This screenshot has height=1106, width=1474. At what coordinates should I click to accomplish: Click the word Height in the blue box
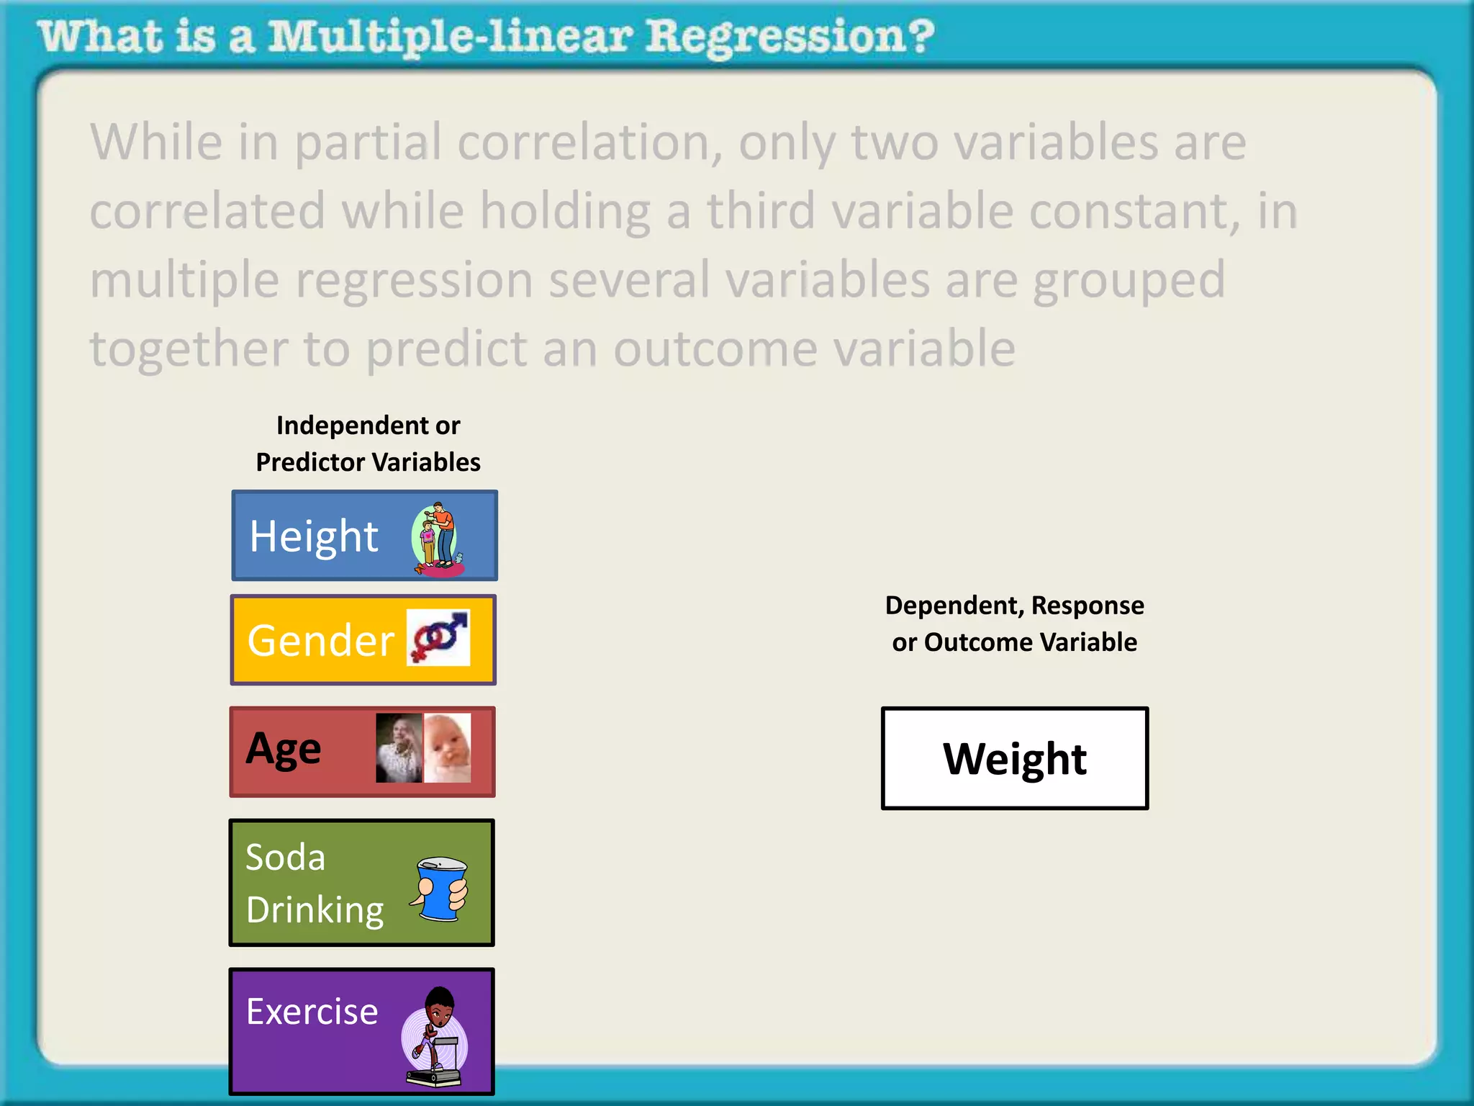tap(314, 536)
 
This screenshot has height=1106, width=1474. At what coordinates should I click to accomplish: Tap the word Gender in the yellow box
tap(320, 640)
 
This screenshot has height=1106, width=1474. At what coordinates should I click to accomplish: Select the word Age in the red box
tap(284, 749)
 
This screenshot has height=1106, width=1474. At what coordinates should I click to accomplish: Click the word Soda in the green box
tap(286, 858)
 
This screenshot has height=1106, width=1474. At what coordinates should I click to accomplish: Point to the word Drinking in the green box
tap(315, 910)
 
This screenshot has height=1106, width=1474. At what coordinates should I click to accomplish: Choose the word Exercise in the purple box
tap(312, 1012)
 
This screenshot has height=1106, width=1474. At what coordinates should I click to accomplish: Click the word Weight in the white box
tap(1015, 759)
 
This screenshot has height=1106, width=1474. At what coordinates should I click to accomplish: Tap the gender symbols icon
tap(438, 637)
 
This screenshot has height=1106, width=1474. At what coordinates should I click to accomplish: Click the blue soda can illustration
tap(440, 889)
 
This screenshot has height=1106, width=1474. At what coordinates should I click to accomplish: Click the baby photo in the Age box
tap(448, 747)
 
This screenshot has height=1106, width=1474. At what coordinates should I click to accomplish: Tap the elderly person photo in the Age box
tap(399, 747)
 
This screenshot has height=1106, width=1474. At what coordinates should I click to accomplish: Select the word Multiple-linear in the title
tap(451, 37)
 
